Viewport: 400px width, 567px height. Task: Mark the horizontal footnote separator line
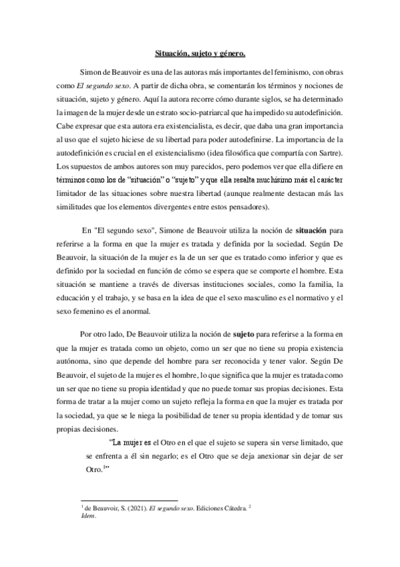pyautogui.click(x=128, y=501)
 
